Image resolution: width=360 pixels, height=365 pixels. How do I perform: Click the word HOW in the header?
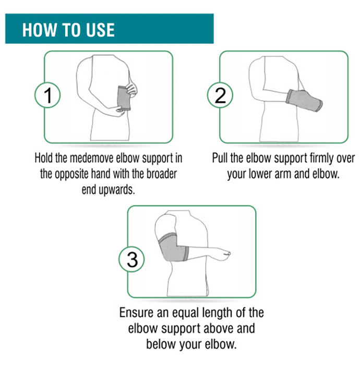[39, 30]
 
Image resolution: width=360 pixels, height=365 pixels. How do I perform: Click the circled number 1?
[47, 95]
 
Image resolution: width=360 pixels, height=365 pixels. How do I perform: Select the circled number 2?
[220, 95]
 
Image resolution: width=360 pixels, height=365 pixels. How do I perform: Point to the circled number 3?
[131, 259]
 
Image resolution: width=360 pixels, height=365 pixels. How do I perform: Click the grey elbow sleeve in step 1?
[124, 98]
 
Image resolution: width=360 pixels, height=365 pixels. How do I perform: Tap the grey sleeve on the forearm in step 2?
[304, 100]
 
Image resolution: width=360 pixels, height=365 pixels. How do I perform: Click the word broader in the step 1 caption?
[162, 174]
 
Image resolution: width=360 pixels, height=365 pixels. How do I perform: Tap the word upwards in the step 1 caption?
[117, 190]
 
